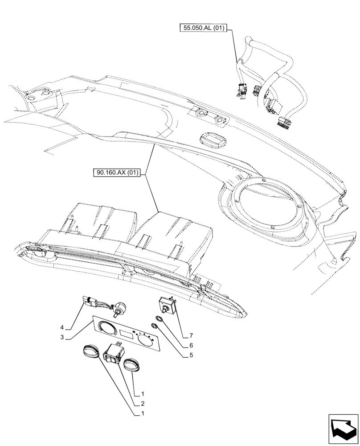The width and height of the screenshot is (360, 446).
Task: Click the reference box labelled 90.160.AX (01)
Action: (x=117, y=173)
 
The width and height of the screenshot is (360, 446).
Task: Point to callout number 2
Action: (x=143, y=404)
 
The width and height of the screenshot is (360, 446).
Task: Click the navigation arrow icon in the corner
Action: (x=343, y=429)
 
